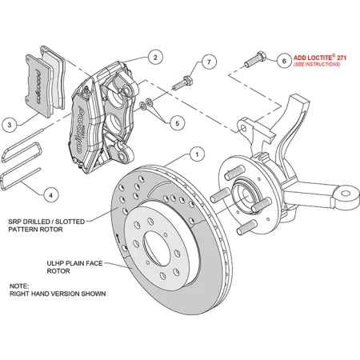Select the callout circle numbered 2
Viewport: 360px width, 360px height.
point(154,58)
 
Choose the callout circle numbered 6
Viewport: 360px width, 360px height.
point(282,60)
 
